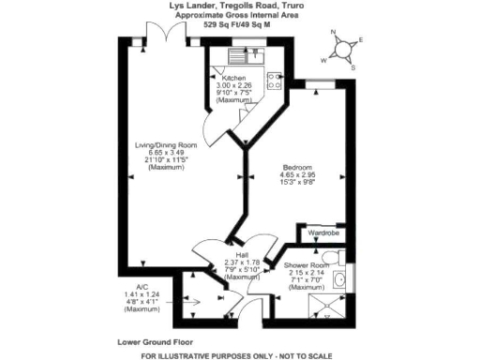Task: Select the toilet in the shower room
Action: click(x=327, y=257)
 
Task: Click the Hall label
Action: click(x=242, y=255)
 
